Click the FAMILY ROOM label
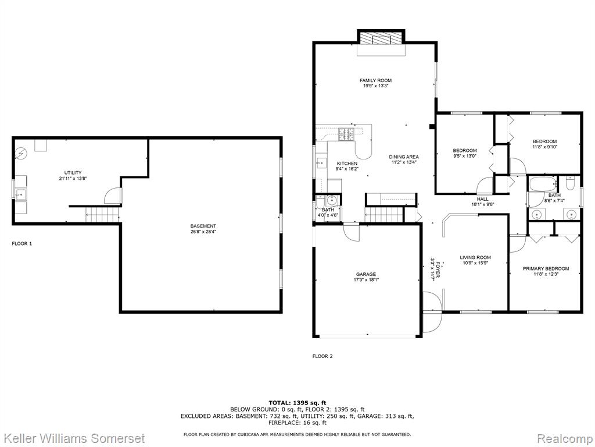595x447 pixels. [x=375, y=80]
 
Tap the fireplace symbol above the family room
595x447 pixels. [x=381, y=38]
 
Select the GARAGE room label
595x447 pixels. [x=366, y=274]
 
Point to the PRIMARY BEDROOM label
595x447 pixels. [x=546, y=269]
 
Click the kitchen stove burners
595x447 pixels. [x=347, y=134]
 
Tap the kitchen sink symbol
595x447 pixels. [x=321, y=163]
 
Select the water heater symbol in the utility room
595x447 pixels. [x=20, y=154]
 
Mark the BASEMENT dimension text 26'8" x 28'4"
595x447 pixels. [x=203, y=232]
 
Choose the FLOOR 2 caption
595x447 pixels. [x=322, y=356]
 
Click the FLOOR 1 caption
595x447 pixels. [x=22, y=244]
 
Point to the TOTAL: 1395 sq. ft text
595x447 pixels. [x=297, y=403]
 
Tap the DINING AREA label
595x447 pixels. [x=404, y=157]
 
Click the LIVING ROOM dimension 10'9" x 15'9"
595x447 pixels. [x=475, y=262]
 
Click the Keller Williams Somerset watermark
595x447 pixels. [x=73, y=438]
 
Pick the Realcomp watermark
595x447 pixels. [x=565, y=438]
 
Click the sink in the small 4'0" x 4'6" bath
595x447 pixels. [x=332, y=200]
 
